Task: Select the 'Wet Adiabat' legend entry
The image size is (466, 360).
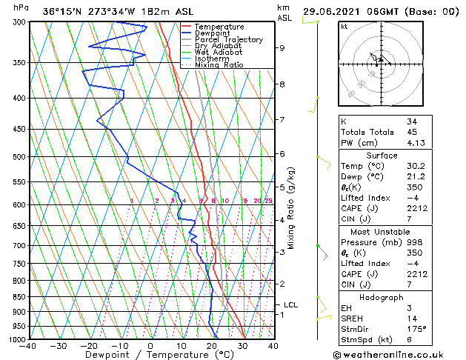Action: click(217, 52)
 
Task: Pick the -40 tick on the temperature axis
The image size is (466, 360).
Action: click(29, 346)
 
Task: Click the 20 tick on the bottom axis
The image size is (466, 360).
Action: click(211, 346)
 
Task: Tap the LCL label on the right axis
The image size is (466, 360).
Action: click(291, 304)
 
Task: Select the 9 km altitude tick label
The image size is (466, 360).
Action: click(282, 48)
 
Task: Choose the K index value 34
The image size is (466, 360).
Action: click(412, 121)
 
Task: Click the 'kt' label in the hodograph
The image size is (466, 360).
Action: click(344, 26)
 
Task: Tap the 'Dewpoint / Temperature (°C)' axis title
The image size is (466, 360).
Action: click(150, 355)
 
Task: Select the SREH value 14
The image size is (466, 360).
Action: click(412, 318)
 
